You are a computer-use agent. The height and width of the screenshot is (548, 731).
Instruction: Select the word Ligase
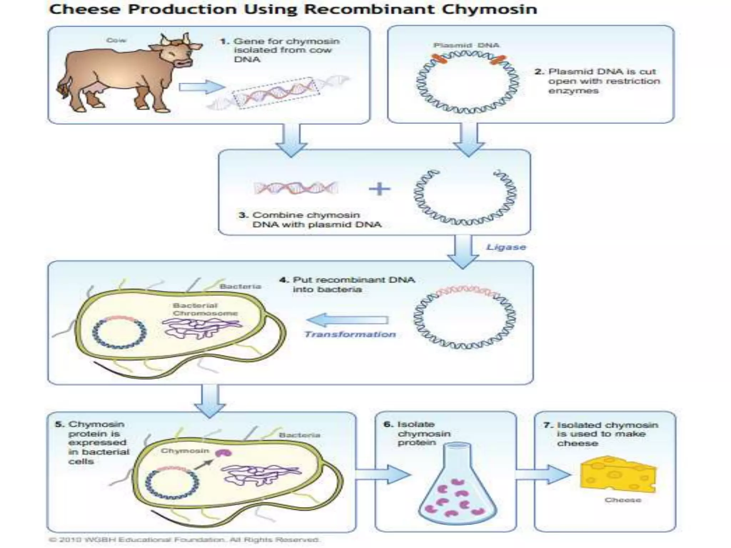[x=506, y=247]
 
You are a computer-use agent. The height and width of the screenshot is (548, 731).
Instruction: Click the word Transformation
[x=350, y=334]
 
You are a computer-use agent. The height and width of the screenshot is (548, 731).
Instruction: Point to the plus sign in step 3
[x=379, y=189]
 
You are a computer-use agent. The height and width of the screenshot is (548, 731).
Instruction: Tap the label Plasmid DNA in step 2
[x=466, y=45]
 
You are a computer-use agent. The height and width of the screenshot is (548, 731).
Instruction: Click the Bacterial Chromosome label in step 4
[x=205, y=309]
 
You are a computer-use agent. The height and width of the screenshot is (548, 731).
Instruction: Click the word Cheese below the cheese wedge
[x=622, y=500]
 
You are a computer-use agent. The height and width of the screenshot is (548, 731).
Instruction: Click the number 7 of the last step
[x=548, y=425]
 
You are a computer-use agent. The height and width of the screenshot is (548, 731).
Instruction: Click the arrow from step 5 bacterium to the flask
[x=382, y=474]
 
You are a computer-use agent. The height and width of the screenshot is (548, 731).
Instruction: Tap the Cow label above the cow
[x=116, y=40]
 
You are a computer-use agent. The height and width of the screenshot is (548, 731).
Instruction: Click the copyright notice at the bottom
[x=184, y=539]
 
